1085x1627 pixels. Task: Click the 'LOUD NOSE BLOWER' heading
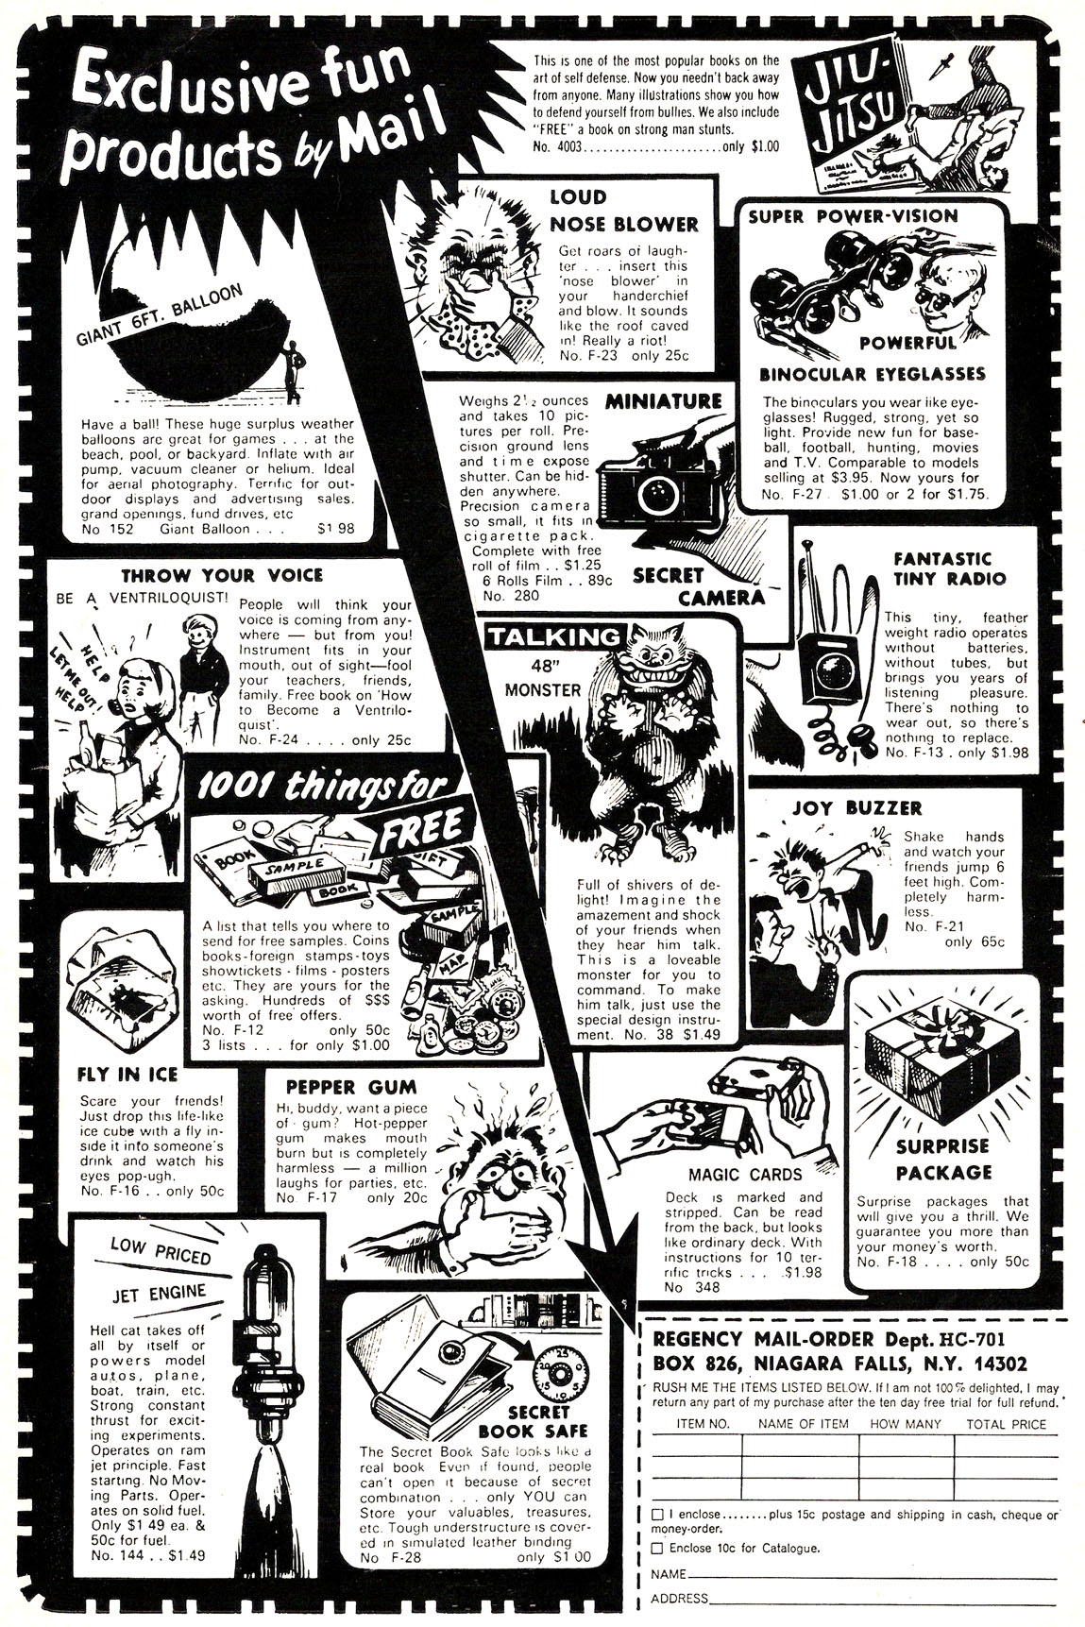623,212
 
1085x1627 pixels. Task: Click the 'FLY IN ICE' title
127,1074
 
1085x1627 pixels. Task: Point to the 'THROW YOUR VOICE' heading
222,575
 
